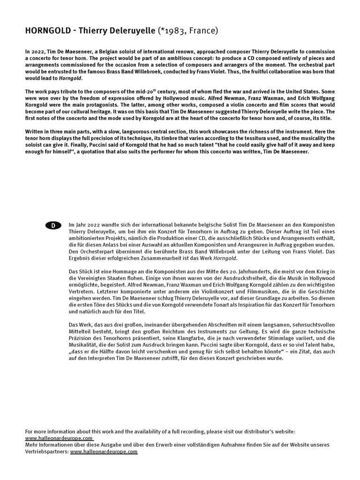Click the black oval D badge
point(53,225)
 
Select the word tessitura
point(228,138)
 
